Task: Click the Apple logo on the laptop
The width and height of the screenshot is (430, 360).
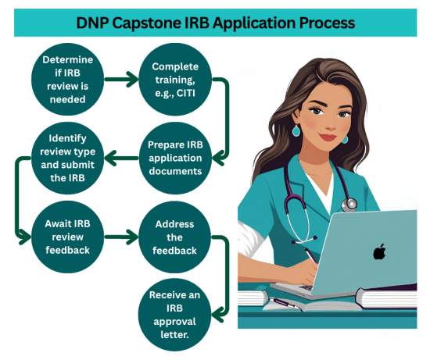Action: point(380,251)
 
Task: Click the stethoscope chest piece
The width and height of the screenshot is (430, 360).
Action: point(349,205)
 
